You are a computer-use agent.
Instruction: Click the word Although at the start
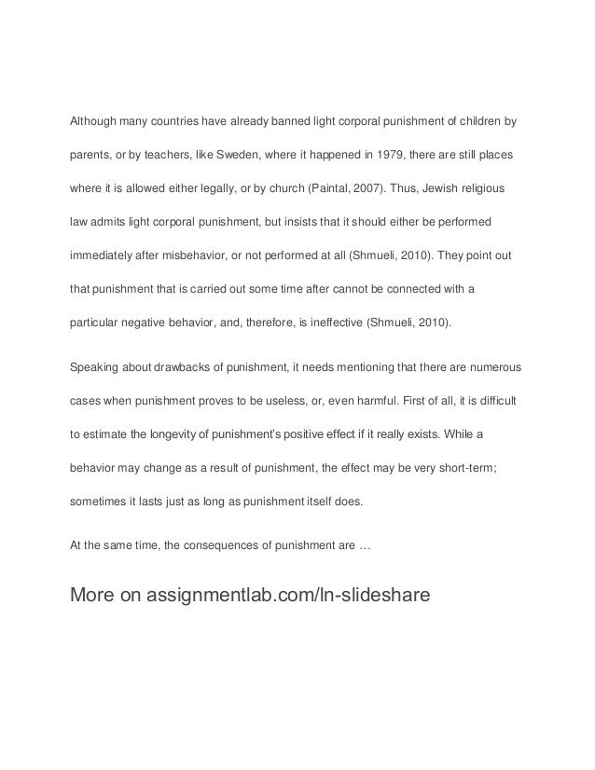[94, 121]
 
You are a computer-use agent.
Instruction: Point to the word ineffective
[332, 323]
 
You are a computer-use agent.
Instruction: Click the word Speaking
[96, 365]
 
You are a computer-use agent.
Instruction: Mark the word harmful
[377, 399]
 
